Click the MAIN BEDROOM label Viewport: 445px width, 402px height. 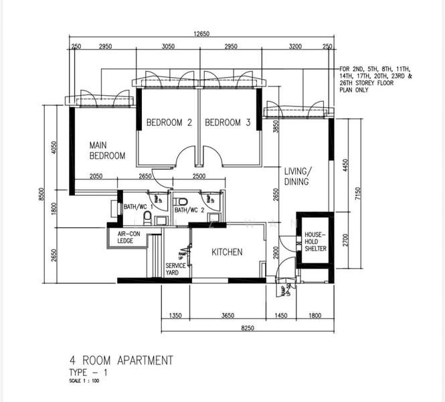[x=108, y=150]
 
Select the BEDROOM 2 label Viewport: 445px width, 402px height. [x=169, y=123]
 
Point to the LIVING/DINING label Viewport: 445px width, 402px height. [x=298, y=176]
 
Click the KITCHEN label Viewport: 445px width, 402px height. [x=227, y=252]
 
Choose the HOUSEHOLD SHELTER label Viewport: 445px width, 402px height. [x=315, y=242]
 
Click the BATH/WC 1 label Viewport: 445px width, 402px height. [x=137, y=207]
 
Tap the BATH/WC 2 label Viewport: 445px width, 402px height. [x=189, y=210]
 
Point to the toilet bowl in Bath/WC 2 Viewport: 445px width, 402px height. [x=181, y=201]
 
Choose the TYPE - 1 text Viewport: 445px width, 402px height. [x=88, y=373]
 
